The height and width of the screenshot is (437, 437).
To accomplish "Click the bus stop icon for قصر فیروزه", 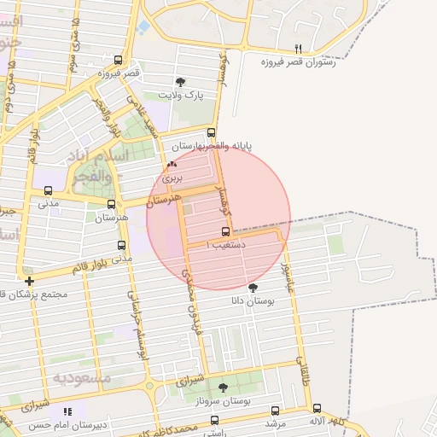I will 118,60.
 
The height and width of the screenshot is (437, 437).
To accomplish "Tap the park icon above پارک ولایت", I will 179,82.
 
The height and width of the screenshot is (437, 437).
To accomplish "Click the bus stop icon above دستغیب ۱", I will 224,231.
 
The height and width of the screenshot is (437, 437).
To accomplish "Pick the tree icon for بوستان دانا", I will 252,288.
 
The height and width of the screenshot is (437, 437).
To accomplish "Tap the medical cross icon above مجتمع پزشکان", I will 30,281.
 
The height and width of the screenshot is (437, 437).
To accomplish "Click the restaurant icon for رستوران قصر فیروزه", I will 298,49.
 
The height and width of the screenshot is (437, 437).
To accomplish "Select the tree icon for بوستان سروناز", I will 223,387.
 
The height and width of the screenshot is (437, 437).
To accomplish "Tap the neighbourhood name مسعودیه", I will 83,376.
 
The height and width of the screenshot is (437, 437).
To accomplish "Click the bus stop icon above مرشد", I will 274,411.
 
